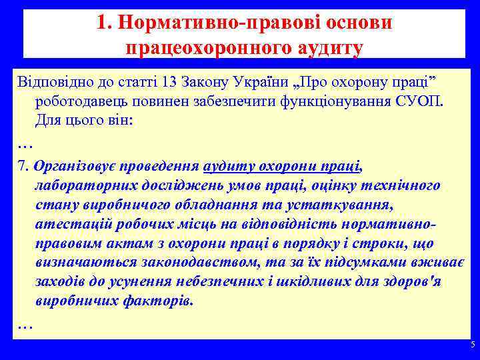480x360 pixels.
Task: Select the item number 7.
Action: pyautogui.click(x=22, y=165)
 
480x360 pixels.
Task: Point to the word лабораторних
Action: pyautogui.click(x=81, y=185)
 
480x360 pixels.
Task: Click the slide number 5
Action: pyautogui.click(x=472, y=345)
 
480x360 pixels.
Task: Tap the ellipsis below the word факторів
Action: pyautogui.click(x=25, y=325)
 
